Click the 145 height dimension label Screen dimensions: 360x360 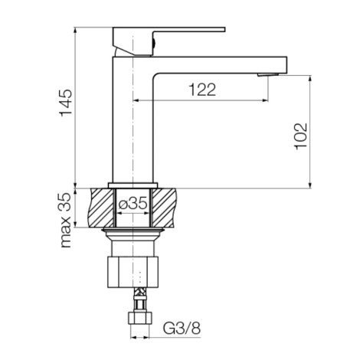(x=66, y=103)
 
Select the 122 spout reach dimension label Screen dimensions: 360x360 (x=202, y=90)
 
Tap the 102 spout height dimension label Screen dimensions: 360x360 (x=301, y=136)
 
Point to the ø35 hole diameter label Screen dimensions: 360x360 (x=133, y=204)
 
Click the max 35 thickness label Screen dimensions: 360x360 (x=65, y=220)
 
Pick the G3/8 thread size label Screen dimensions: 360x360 (x=182, y=329)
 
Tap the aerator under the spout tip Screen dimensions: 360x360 (x=268, y=74)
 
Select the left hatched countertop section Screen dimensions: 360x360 (x=102, y=208)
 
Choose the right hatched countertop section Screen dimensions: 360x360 (x=164, y=208)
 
